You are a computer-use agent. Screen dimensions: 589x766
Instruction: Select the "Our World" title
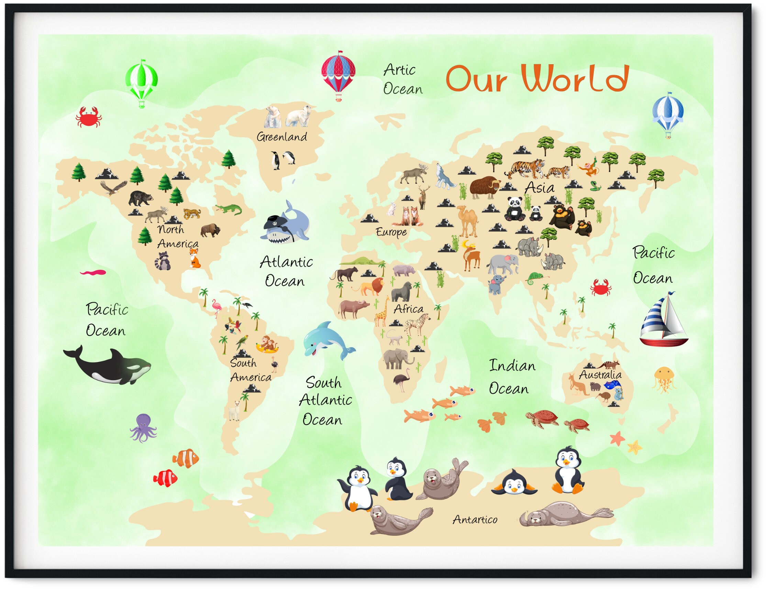click(537, 79)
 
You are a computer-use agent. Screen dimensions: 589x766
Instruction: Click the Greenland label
click(282, 137)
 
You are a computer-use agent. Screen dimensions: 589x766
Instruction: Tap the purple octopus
click(143, 427)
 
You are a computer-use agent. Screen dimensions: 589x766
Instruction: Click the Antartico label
click(475, 520)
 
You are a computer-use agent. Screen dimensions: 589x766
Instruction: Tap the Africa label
click(408, 309)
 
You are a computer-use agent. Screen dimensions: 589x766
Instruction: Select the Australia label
click(600, 375)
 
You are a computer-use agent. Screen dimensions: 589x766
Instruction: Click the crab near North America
click(88, 117)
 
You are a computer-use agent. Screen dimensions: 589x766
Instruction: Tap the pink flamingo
click(217, 307)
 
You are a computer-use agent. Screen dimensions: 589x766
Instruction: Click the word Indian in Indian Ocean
click(512, 366)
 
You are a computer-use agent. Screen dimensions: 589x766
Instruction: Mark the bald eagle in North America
click(113, 187)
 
